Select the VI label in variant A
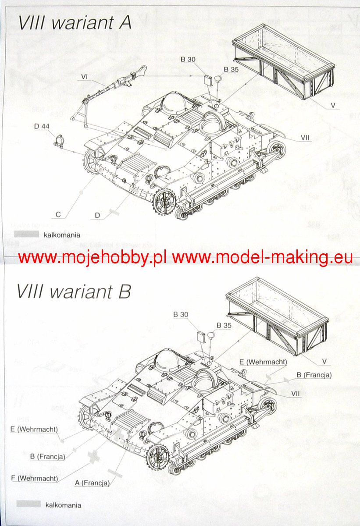pos(85,77)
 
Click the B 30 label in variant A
pos(188,59)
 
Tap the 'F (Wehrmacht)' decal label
pos(38,478)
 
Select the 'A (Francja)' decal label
pos(92,483)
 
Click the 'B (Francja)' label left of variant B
pos(47,456)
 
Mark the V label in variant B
pos(325,361)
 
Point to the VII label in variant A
pos(306,138)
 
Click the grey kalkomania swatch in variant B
pos(29,504)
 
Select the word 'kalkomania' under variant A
pos(62,235)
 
